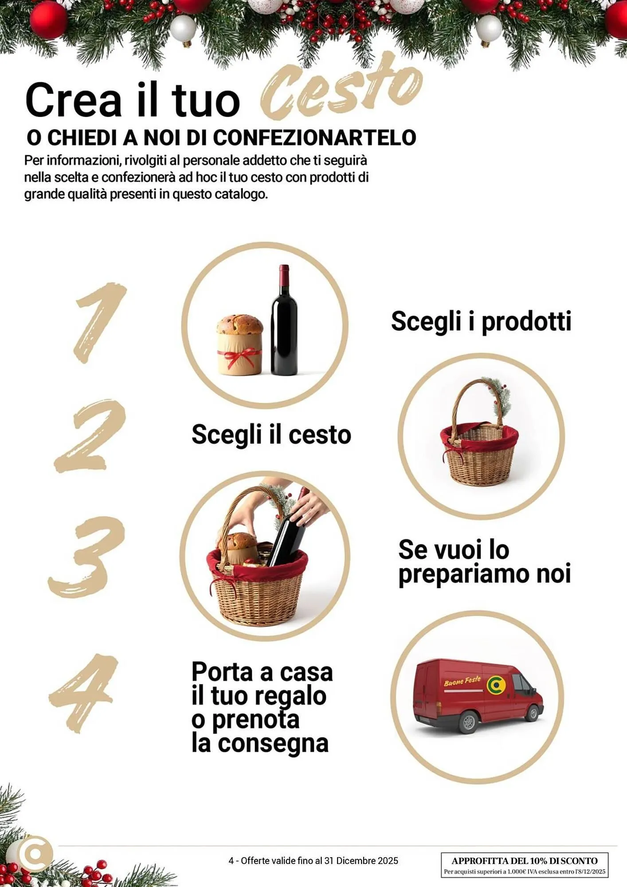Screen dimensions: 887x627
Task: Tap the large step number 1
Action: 100,322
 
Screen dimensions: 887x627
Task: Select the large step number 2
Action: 91,437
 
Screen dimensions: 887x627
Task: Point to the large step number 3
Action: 86,557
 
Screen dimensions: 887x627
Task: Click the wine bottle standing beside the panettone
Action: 284,324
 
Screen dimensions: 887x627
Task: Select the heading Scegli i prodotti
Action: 481,321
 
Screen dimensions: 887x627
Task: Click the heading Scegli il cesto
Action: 271,434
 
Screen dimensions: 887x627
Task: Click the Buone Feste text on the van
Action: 462,681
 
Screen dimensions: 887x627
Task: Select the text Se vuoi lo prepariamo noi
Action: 484,561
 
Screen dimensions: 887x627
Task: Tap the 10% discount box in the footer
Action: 524,865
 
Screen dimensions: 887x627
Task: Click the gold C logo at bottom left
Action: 35,854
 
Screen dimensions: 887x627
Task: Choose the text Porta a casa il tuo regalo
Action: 262,684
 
